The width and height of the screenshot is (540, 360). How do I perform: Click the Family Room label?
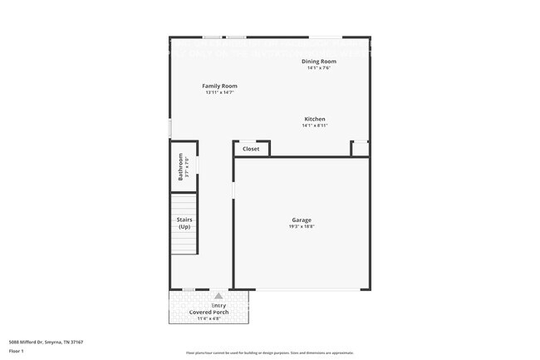pyautogui.click(x=220, y=86)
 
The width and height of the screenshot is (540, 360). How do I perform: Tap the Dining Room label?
pyautogui.click(x=319, y=62)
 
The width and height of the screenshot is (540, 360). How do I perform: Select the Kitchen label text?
pyautogui.click(x=314, y=119)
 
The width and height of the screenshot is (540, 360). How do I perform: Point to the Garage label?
pyautogui.click(x=301, y=219)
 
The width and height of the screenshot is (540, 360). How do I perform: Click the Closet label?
pyautogui.click(x=251, y=149)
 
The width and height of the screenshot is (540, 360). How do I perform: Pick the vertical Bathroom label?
pyautogui.click(x=179, y=165)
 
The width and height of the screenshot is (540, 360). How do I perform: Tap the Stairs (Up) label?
pyautogui.click(x=184, y=223)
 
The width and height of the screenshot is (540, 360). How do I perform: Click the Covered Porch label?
pyautogui.click(x=209, y=312)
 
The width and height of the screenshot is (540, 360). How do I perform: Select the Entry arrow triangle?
pyautogui.click(x=218, y=295)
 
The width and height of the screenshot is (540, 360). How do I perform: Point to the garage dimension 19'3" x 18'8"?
pyautogui.click(x=301, y=226)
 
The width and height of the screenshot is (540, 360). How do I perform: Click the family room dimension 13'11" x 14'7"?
pyautogui.click(x=220, y=92)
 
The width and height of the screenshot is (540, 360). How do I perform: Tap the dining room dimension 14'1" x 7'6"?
pyautogui.click(x=319, y=68)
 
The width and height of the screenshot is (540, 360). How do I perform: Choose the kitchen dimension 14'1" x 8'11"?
pyautogui.click(x=315, y=126)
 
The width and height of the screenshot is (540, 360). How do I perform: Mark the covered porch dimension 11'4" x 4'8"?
pyautogui.click(x=209, y=318)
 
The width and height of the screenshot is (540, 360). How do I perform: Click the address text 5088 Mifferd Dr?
pyautogui.click(x=46, y=342)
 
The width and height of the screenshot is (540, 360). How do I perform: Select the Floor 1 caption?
pyautogui.click(x=17, y=352)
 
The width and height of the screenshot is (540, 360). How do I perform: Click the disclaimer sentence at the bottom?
pyautogui.click(x=270, y=353)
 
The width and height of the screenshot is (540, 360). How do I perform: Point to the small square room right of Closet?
pyautogui.click(x=360, y=149)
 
